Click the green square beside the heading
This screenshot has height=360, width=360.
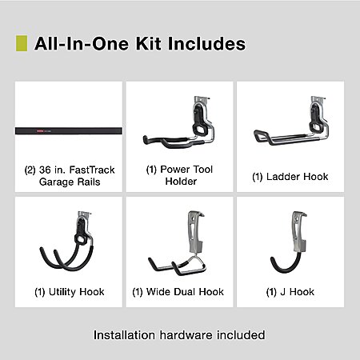(x=22, y=43)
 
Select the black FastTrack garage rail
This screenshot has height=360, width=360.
(x=69, y=131)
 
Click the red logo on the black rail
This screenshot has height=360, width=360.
(x=39, y=131)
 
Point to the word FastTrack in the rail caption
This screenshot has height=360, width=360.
(x=92, y=170)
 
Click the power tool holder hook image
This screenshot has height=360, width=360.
(x=179, y=122)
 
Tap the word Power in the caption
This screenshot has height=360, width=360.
(x=174, y=170)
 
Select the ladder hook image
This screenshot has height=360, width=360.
(x=291, y=121)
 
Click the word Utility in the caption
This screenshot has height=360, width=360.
(x=62, y=292)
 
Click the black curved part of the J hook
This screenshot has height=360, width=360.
(x=286, y=264)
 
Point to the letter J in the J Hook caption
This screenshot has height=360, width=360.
(x=283, y=292)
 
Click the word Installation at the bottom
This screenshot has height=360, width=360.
(x=124, y=335)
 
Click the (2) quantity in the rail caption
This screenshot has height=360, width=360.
(x=30, y=170)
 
